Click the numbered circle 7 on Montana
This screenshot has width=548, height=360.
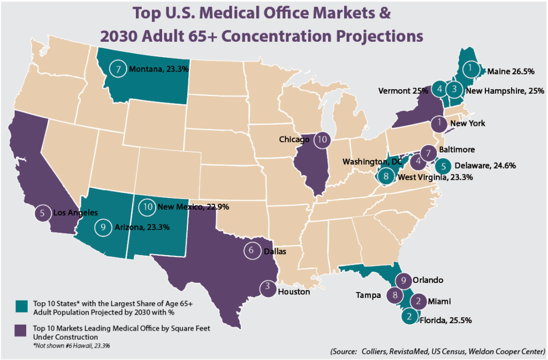pyautogui.click(x=119, y=69)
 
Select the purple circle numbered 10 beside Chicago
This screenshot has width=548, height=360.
pyautogui.click(x=322, y=140)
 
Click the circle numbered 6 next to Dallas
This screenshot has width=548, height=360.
pyautogui.click(x=251, y=250)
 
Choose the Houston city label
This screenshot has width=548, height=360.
pyautogui.click(x=294, y=292)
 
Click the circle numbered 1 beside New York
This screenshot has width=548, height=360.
pyautogui.click(x=439, y=123)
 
